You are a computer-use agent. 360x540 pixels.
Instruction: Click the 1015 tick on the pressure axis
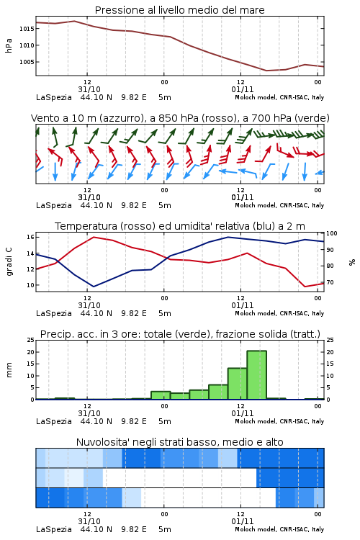pyautogui.click(x=27, y=29)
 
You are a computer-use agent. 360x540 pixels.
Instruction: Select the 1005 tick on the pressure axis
pyautogui.click(x=27, y=62)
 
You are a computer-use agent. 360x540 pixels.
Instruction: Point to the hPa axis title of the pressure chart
pyautogui.click(x=9, y=45)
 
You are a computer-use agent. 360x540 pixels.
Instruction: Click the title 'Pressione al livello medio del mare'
pyautogui.click(x=180, y=10)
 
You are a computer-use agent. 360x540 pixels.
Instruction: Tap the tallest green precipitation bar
pyautogui.click(x=256, y=374)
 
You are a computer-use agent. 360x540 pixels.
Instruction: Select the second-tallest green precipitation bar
pyautogui.click(x=238, y=384)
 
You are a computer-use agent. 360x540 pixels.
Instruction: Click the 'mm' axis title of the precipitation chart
pyautogui.click(x=9, y=370)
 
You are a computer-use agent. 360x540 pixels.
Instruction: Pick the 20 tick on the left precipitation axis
pyautogui.click(x=31, y=352)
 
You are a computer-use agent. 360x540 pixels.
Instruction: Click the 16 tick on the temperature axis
pyautogui.click(x=30, y=237)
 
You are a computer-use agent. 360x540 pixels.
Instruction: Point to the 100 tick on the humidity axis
pyautogui.click(x=332, y=233)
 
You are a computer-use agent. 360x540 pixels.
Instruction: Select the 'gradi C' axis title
pyautogui.click(x=9, y=262)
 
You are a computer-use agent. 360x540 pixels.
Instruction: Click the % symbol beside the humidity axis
pyautogui.click(x=352, y=262)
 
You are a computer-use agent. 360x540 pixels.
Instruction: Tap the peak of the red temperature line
pyautogui.click(x=94, y=237)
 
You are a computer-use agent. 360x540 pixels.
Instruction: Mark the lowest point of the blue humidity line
pyautogui.click(x=94, y=287)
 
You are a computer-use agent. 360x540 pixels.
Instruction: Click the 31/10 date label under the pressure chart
pyautogui.click(x=89, y=89)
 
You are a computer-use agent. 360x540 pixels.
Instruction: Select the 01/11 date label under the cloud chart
pyautogui.click(x=243, y=521)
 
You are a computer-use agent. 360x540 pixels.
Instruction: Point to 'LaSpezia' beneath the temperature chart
pyautogui.click(x=54, y=313)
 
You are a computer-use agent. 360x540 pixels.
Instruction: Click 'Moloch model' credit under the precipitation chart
pyautogui.click(x=256, y=421)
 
